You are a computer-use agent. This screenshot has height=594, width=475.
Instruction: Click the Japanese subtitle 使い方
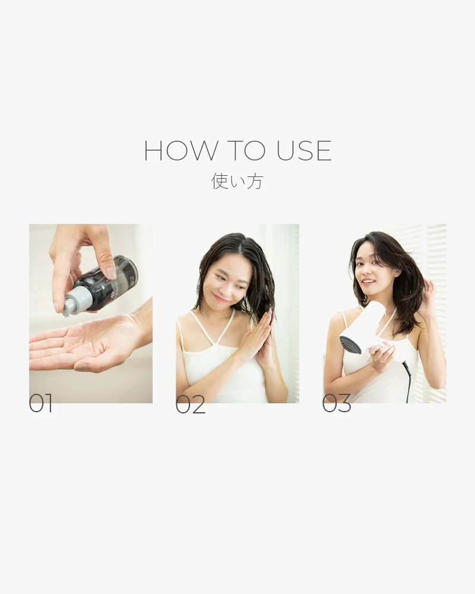click(x=237, y=181)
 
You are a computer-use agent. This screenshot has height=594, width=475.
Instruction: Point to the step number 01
click(x=41, y=403)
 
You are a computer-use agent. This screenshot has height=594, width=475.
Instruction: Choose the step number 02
click(x=190, y=404)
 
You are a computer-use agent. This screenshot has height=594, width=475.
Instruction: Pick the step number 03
click(x=336, y=403)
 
